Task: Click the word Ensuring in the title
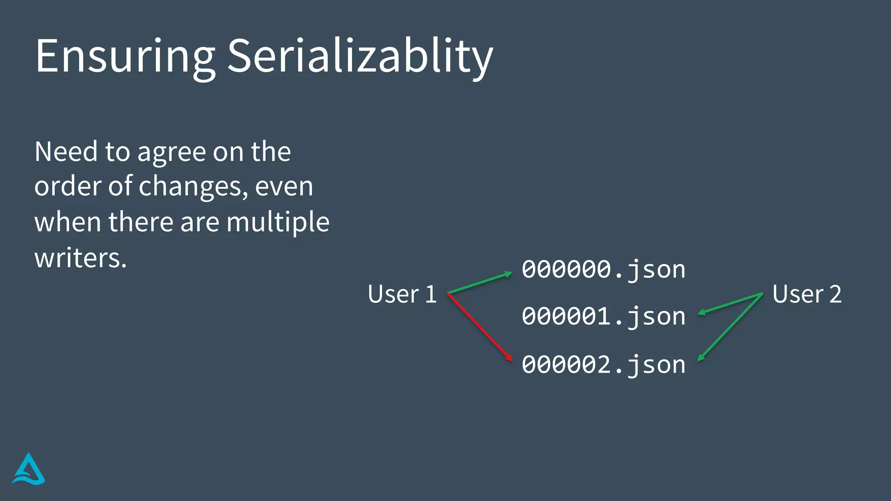[x=125, y=57]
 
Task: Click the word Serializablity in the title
[x=360, y=57]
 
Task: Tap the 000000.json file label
[x=603, y=270]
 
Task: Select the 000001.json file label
[x=603, y=316]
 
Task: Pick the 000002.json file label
[x=603, y=364]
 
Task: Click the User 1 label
[x=402, y=294]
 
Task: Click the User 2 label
[x=807, y=294]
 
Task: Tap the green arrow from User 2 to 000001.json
[x=731, y=304]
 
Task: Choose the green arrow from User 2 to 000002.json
[x=731, y=327]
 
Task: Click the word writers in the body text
[x=80, y=258]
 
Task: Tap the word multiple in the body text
[x=278, y=222]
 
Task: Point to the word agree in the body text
[x=172, y=153]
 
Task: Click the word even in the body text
[x=284, y=187]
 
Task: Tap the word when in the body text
[x=68, y=222]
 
